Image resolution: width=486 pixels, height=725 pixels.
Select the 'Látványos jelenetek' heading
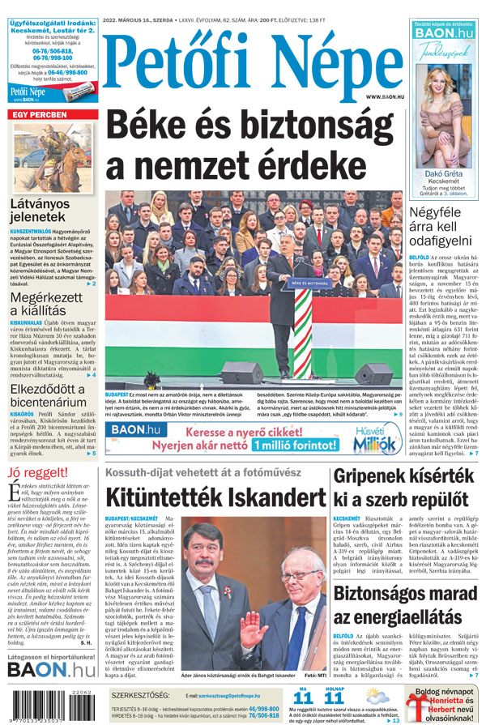tap(40, 211)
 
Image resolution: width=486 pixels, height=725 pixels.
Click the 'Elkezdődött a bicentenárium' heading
tap(49, 394)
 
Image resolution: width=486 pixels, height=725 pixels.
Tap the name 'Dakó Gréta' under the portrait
tap(443, 174)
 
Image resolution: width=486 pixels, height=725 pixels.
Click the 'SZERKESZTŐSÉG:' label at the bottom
tap(141, 696)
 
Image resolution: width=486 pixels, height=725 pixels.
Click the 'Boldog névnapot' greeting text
tap(445, 693)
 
